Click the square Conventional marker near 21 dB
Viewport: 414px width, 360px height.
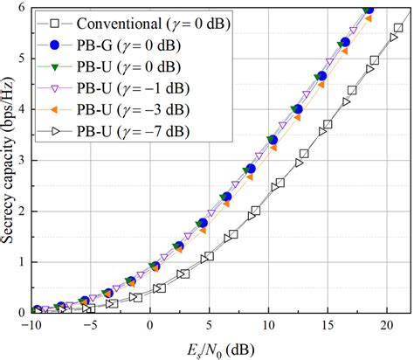[398, 28]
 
